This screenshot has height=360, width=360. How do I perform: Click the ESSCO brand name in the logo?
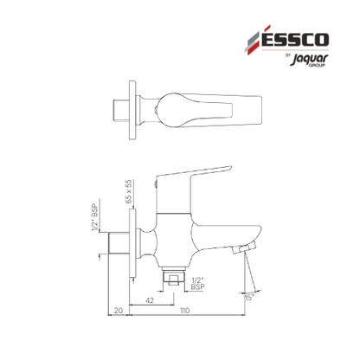pyautogui.click(x=295, y=40)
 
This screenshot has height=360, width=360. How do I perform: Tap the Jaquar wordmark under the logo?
pyautogui.click(x=309, y=60)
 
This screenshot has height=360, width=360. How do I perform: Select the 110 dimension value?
pyautogui.click(x=185, y=311)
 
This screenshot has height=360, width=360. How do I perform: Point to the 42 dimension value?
pyautogui.click(x=150, y=300)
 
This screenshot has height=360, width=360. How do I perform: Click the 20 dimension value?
pyautogui.click(x=119, y=311)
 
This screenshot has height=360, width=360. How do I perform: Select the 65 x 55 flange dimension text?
pyautogui.click(x=129, y=191)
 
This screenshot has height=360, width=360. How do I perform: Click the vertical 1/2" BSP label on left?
pyautogui.click(x=95, y=218)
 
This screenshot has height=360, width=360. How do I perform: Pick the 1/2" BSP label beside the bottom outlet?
pyautogui.click(x=197, y=284)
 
